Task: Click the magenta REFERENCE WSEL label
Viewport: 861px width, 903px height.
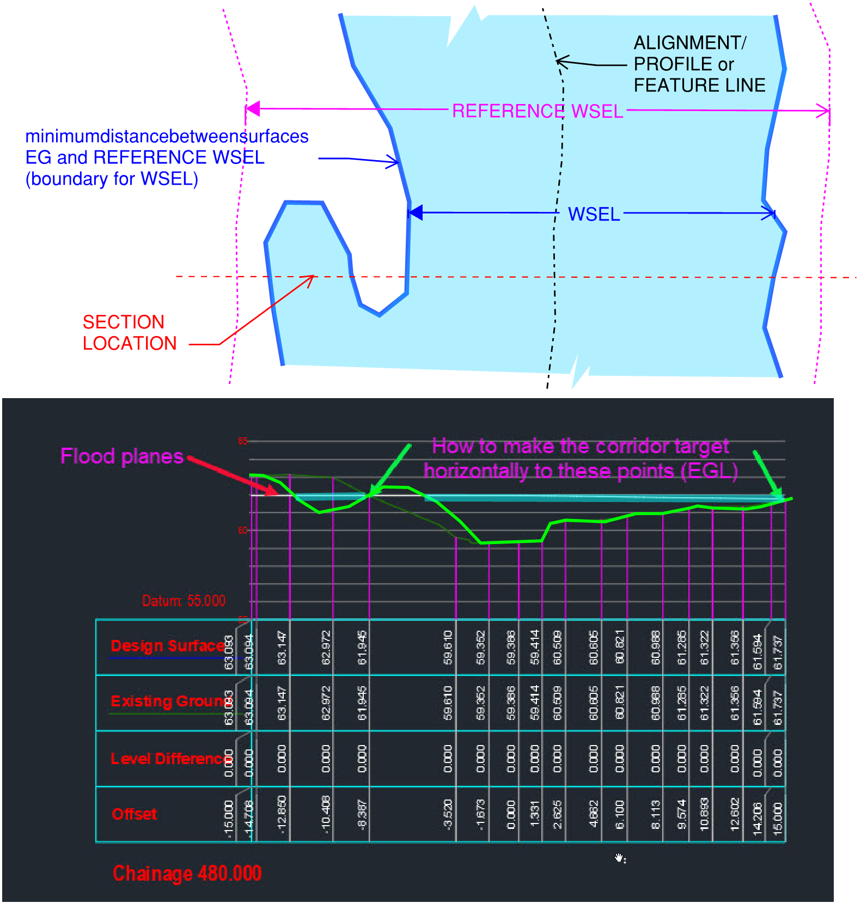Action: [537, 111]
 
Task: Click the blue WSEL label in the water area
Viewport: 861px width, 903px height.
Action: [594, 214]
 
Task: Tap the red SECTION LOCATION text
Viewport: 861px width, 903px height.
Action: [129, 332]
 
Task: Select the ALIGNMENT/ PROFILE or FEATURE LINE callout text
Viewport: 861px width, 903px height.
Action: [699, 64]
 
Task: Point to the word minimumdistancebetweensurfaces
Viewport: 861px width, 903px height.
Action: [167, 136]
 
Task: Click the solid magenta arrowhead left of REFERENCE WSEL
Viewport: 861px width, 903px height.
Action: [253, 108]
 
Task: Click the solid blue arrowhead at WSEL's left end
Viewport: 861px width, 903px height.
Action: [416, 212]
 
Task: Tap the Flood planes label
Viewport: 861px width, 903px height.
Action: [121, 456]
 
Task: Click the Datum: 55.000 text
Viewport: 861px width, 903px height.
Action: [184, 601]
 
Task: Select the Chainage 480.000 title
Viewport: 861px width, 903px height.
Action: [187, 873]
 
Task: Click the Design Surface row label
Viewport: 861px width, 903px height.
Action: [167, 646]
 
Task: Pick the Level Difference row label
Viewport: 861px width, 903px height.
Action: [170, 759]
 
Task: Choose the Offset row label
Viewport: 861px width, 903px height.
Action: [134, 814]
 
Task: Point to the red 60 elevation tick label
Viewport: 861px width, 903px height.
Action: [242, 530]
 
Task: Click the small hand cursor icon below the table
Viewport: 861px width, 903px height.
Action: [620, 858]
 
